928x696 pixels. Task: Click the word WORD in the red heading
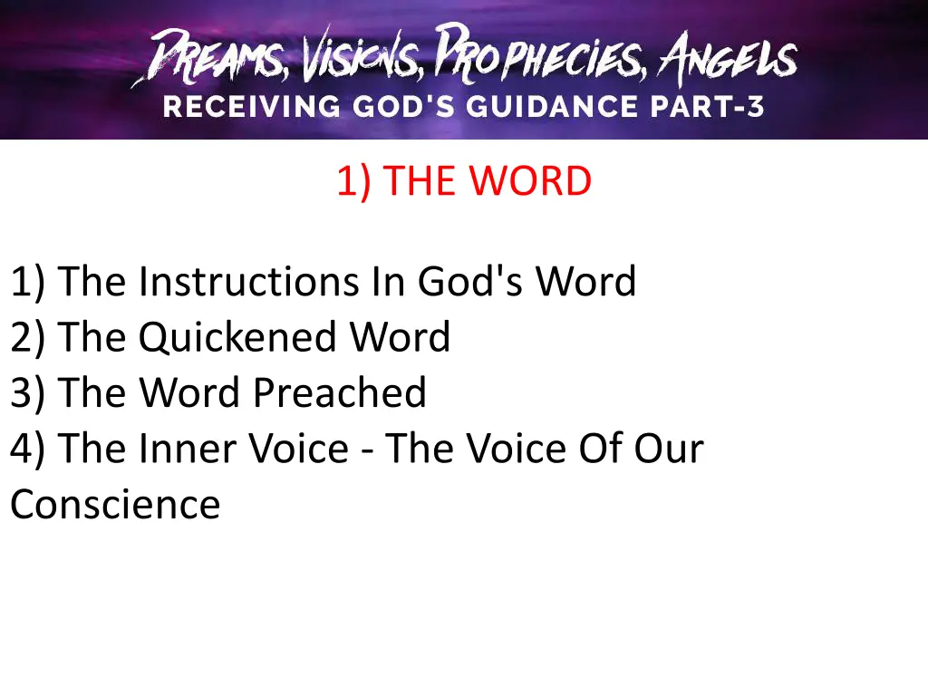[x=529, y=182]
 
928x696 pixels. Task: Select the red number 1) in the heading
[x=353, y=182]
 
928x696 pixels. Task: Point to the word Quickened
[x=239, y=338]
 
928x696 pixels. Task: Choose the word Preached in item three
[x=339, y=393]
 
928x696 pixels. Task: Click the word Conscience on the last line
[x=115, y=505]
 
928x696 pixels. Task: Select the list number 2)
[x=30, y=338]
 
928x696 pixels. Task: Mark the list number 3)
[x=30, y=393]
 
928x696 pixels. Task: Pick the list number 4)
[x=30, y=449]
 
